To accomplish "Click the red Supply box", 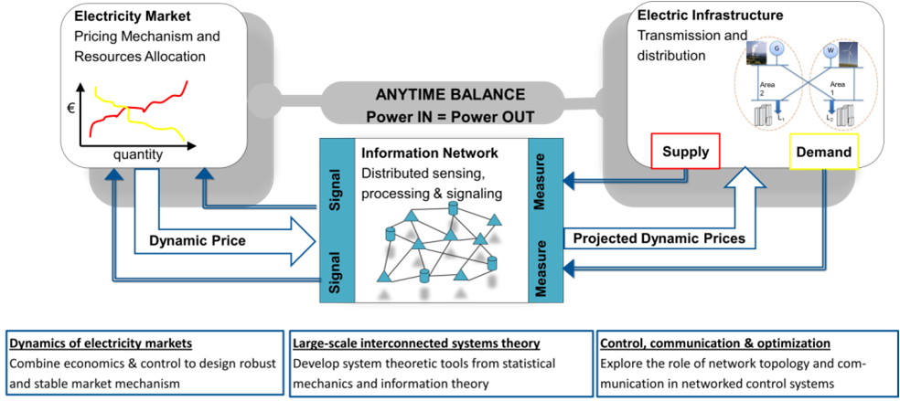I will click(685, 153).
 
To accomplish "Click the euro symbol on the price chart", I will click(71, 107).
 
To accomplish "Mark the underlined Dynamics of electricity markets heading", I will click(101, 343).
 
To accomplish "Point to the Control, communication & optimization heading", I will click(714, 343).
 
